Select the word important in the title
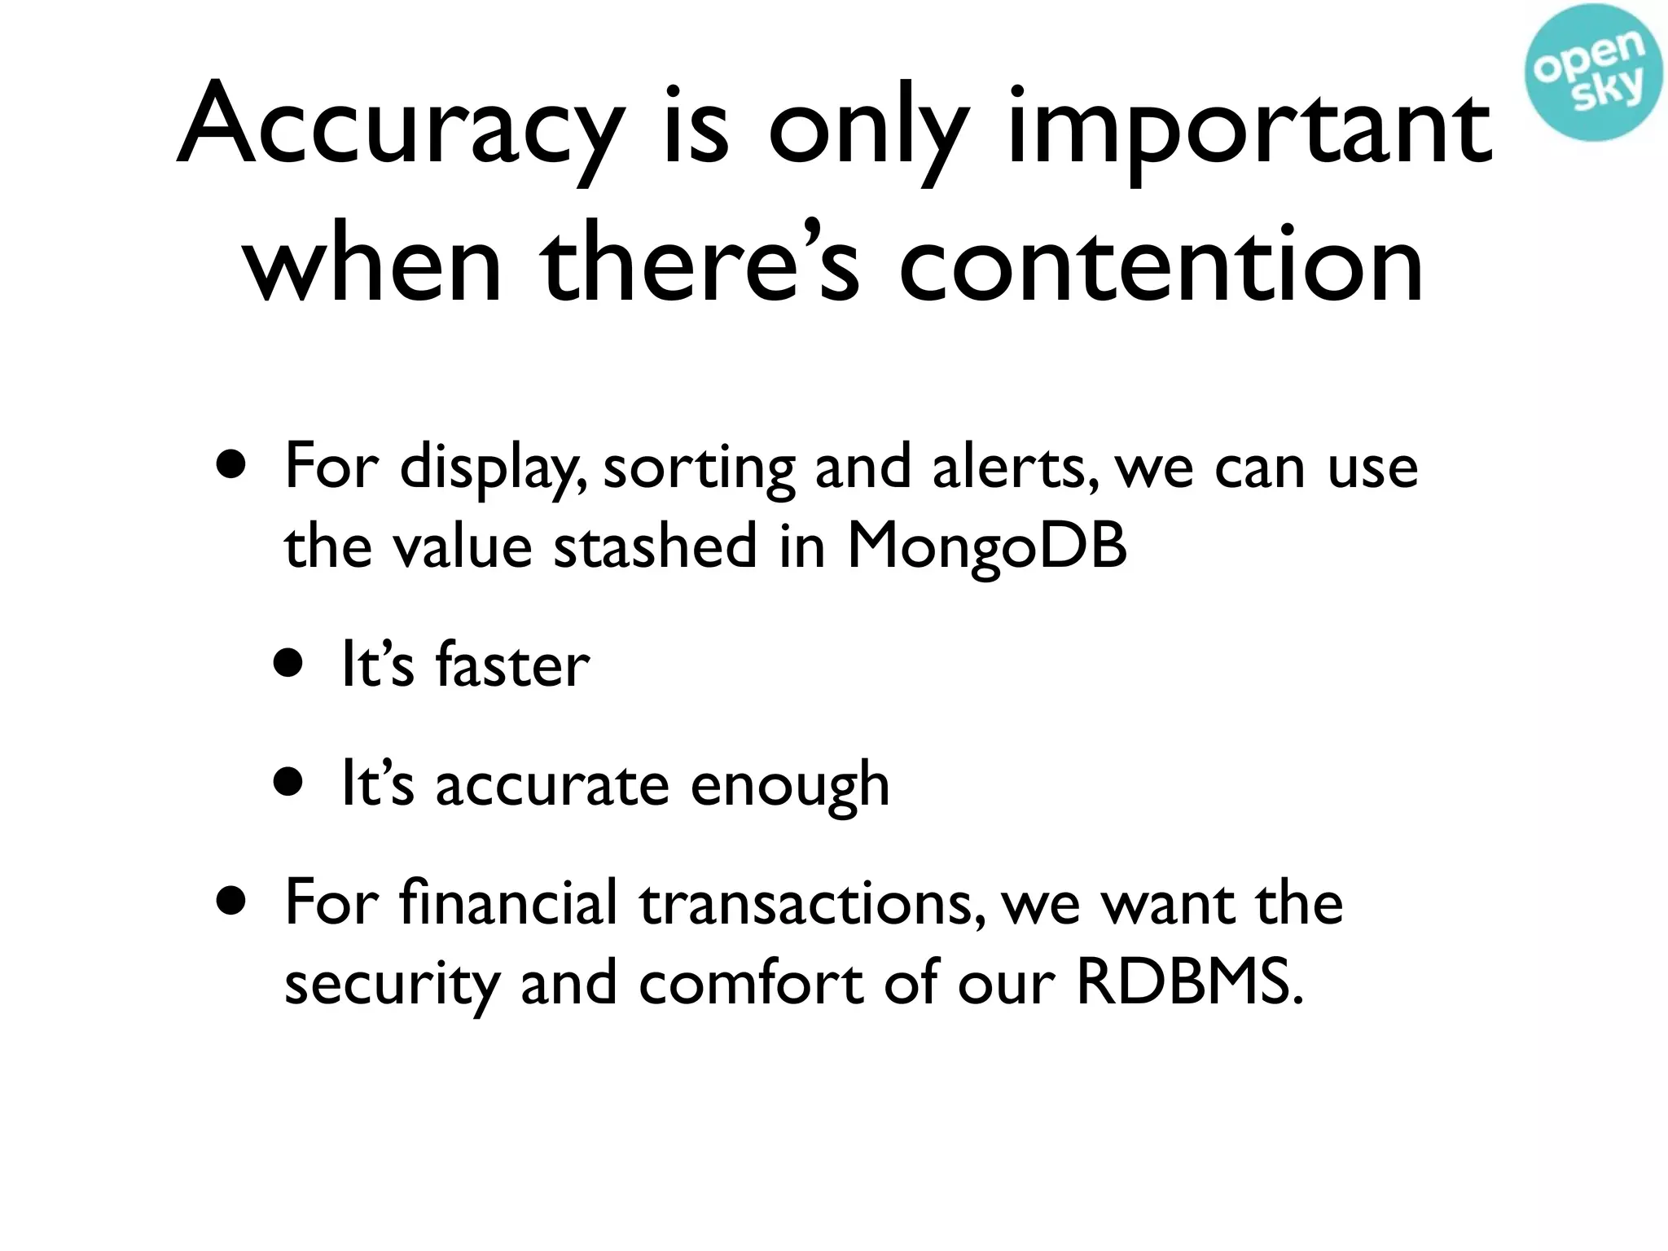pyautogui.click(x=1249, y=130)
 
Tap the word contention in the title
pyautogui.click(x=1161, y=265)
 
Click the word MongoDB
pyautogui.click(x=987, y=546)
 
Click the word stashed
pyautogui.click(x=656, y=546)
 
